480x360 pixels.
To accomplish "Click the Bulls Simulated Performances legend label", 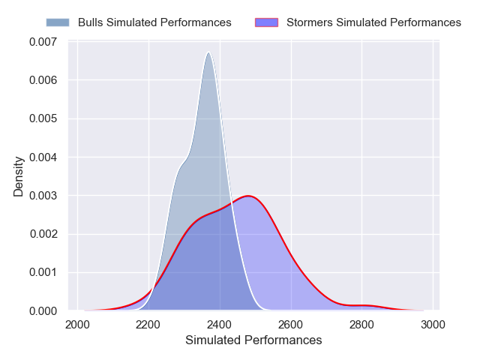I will (154, 22).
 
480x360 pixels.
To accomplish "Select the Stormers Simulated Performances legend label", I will (373, 22).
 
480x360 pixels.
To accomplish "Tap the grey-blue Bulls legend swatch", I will (57, 22).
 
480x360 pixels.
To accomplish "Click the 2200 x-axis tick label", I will (148, 325).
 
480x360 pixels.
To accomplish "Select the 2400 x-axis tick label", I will (220, 325).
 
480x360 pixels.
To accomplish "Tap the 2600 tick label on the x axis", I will (291, 325).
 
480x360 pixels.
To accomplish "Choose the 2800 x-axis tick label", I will (362, 325).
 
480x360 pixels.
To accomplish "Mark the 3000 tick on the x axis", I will (433, 325).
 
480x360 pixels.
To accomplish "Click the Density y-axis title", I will (19, 176).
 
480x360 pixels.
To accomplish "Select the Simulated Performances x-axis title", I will (253, 340).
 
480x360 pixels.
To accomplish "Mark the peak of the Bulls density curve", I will (208, 52).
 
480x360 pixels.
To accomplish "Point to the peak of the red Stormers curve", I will (248, 196).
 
